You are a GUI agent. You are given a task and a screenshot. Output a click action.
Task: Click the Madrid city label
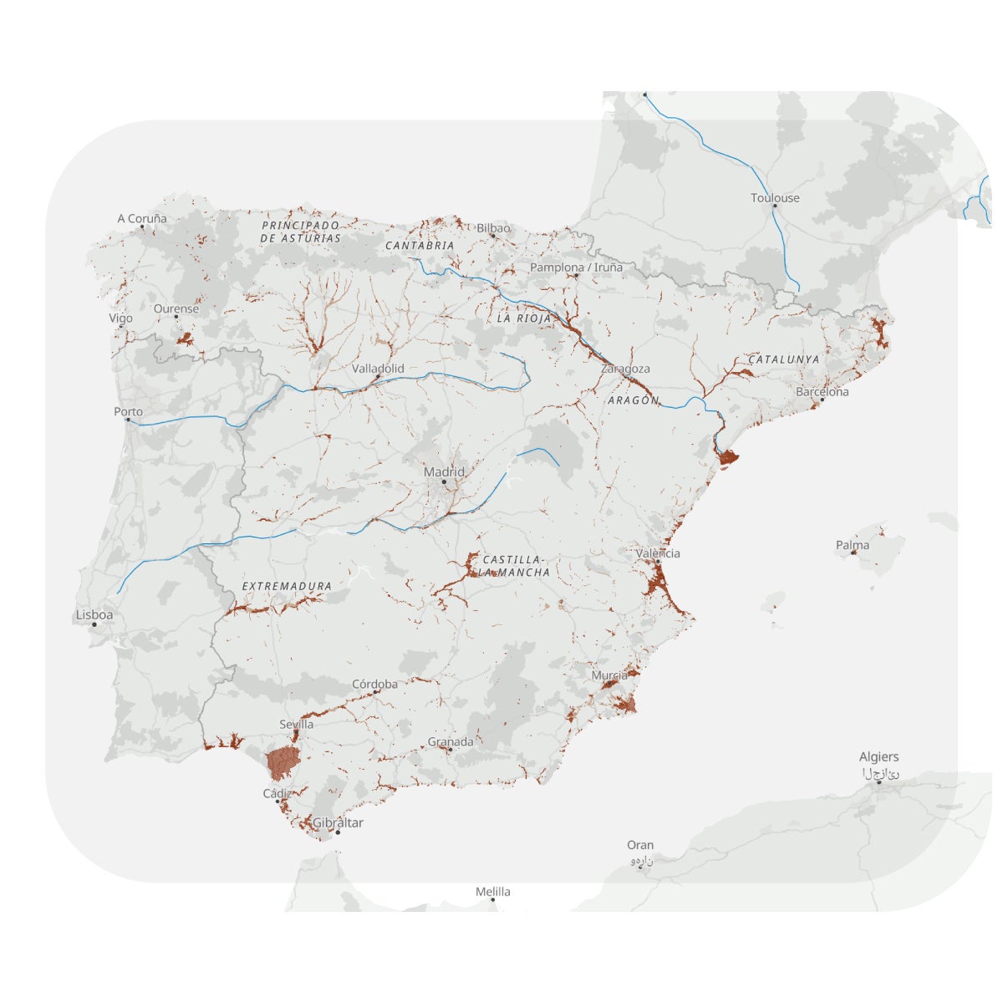(444, 472)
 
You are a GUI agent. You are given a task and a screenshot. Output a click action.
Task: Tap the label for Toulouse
(775, 198)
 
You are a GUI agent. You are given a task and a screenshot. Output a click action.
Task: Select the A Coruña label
(142, 219)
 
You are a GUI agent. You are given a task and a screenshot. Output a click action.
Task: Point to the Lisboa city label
(94, 614)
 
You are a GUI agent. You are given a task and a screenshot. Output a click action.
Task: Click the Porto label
(129, 411)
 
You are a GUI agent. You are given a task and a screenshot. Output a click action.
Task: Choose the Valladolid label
(378, 369)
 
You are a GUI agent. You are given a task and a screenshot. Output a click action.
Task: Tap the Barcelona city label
(822, 391)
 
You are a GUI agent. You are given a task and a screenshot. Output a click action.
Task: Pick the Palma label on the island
(853, 545)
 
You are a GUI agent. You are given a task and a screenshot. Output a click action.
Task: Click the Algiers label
(879, 757)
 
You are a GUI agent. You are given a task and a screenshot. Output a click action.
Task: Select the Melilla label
(493, 892)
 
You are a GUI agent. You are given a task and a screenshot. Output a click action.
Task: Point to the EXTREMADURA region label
(287, 587)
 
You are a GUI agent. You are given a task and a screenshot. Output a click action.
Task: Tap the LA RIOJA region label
(524, 318)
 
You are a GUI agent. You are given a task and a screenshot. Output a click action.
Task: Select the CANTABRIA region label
(420, 246)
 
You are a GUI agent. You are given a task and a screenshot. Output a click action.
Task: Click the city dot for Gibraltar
(338, 832)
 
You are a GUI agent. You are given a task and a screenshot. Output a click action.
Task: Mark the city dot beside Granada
(448, 750)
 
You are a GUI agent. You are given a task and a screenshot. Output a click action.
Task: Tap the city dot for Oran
(639, 866)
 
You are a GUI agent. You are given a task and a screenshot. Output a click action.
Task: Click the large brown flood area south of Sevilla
(283, 763)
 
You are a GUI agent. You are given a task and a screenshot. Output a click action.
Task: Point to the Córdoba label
(374, 684)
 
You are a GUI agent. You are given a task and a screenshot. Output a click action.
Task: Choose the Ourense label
(176, 308)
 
